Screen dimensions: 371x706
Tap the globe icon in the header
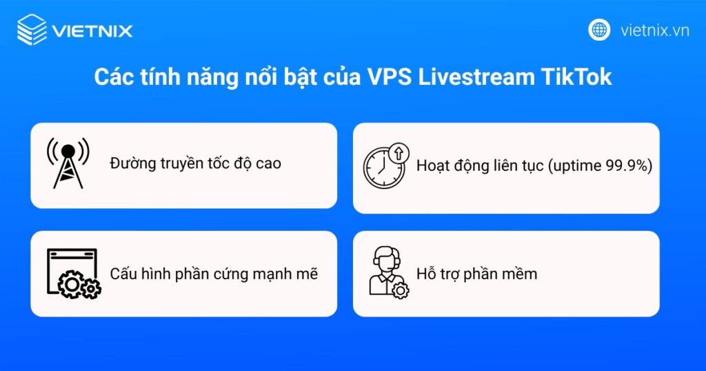[x=599, y=30]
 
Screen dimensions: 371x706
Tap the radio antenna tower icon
[x=68, y=163]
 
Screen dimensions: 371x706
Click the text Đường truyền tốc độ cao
[x=195, y=164]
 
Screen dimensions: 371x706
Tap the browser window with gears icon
[x=72, y=274]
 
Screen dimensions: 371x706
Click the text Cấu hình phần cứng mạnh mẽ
[x=214, y=274]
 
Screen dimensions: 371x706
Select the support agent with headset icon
[x=386, y=271]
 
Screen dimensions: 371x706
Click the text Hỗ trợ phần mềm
[x=476, y=274]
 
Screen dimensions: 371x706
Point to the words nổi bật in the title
[x=287, y=77]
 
